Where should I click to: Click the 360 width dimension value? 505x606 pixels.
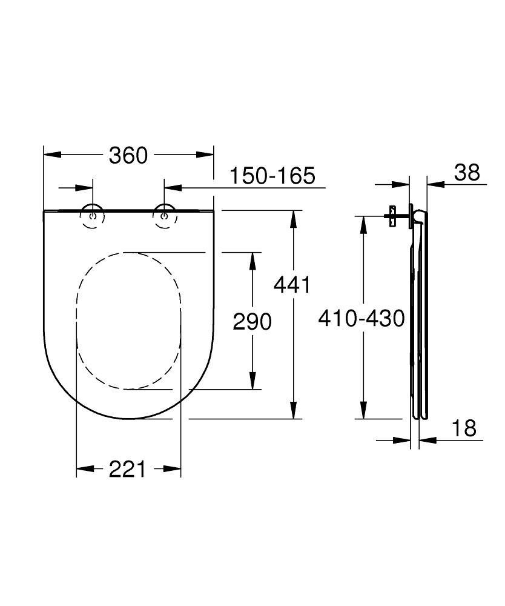click(128, 155)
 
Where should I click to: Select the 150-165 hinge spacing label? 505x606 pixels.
click(272, 176)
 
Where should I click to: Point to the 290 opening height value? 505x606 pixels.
click(252, 321)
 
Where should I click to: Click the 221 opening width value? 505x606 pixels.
click(128, 468)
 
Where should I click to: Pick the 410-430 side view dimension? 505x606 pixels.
click(361, 318)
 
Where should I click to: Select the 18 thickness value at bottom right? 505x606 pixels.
click(464, 428)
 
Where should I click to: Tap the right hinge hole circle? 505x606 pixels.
click(163, 216)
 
